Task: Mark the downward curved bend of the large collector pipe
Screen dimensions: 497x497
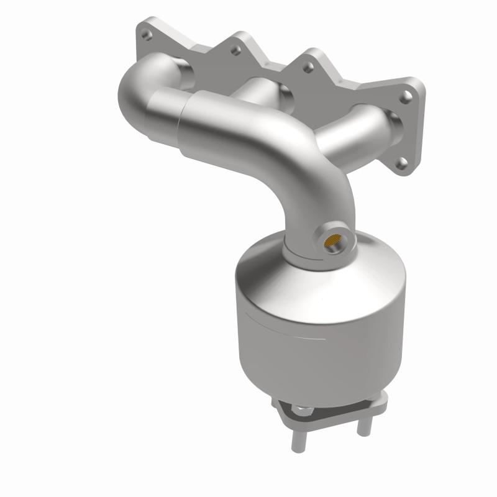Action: click(311, 180)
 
